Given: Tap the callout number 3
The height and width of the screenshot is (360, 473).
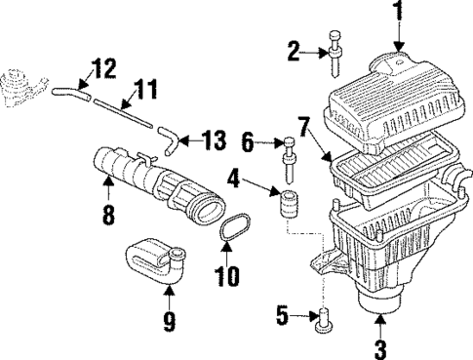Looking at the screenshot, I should pyautogui.click(x=381, y=344).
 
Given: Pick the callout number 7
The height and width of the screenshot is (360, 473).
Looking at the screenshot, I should pyautogui.click(x=304, y=125).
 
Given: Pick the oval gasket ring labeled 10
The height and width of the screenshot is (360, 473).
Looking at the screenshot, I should pyautogui.click(x=230, y=240).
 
